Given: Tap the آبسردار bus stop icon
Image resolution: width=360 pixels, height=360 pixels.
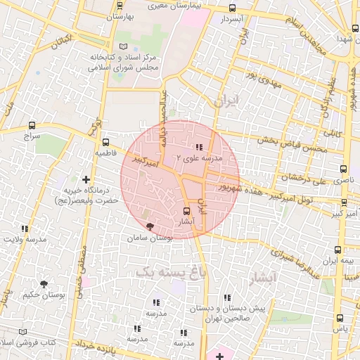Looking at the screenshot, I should point(233,8).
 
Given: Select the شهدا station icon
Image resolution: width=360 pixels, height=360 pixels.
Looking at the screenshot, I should point(354,29).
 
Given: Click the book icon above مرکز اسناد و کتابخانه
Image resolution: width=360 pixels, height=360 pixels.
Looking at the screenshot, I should point(124,46).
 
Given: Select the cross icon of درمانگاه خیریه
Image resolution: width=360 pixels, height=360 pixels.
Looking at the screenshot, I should point(86,180).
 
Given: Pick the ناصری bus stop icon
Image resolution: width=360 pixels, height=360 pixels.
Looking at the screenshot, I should point(344,169).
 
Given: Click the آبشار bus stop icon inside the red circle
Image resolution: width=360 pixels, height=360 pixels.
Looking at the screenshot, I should point(186,211).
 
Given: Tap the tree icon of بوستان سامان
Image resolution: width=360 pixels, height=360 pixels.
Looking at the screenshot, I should point(149,226).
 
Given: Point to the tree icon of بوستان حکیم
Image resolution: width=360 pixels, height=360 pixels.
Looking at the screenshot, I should point(44,284).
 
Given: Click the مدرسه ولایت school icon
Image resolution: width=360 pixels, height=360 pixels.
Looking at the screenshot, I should point(25,229).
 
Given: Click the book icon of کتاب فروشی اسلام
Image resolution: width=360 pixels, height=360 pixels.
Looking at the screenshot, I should point(22,330).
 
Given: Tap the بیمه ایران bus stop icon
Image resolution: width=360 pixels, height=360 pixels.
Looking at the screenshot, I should point(338,250).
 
